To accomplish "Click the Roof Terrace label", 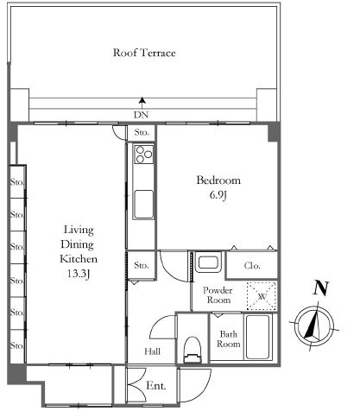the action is (x=144, y=53).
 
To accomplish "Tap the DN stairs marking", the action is (x=141, y=115).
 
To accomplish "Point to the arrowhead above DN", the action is (x=142, y=100).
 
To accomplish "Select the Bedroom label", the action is (x=218, y=180).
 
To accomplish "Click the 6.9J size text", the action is (x=218, y=195).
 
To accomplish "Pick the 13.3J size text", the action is (x=79, y=274).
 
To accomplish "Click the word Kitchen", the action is (x=79, y=259).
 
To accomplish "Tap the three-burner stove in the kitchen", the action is (x=144, y=155).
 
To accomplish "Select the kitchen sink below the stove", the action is (x=143, y=204).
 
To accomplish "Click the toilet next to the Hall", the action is (x=193, y=349).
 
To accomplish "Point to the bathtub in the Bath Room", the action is (x=258, y=337).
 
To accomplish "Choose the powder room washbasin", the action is (x=209, y=262).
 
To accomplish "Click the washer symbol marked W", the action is (x=262, y=296).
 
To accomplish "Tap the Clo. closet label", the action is (x=252, y=265).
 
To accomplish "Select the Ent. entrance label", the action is (x=156, y=386).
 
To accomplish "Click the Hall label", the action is (x=152, y=351).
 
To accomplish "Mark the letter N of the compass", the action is (x=321, y=288).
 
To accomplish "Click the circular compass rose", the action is (x=314, y=326).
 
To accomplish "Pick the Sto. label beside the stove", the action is (x=142, y=132).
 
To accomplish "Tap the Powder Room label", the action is (x=218, y=295).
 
